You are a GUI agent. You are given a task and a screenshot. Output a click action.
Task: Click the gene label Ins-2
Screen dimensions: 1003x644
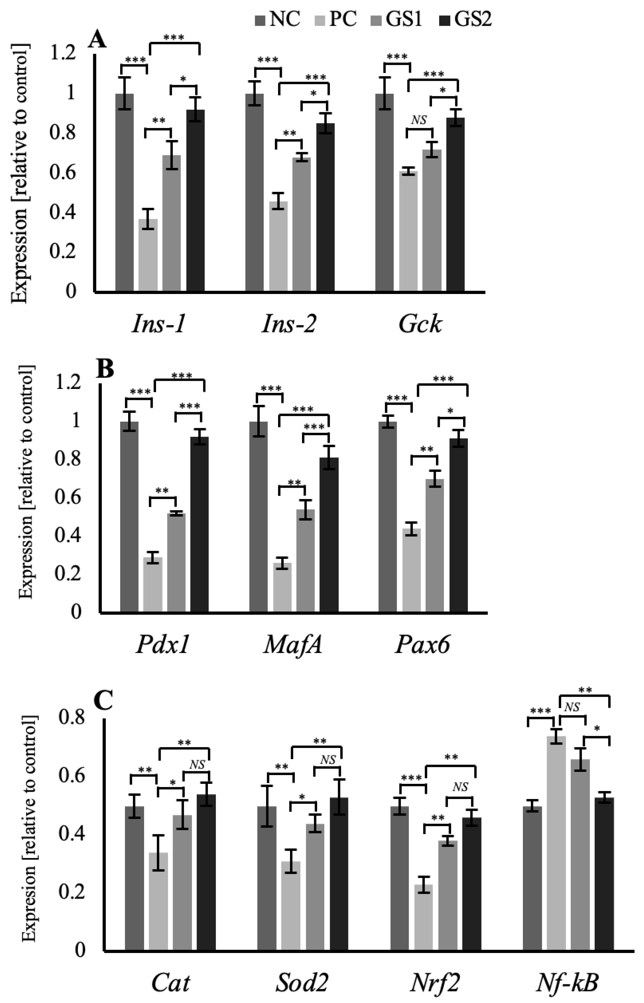288,324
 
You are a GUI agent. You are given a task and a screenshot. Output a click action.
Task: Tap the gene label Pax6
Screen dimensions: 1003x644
423,645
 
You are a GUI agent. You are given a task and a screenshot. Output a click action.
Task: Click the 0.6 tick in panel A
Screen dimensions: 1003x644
63,172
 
